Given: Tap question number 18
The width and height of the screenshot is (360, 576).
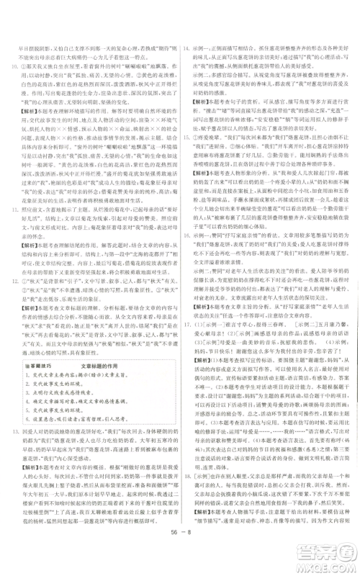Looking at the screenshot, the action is point(186,504).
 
